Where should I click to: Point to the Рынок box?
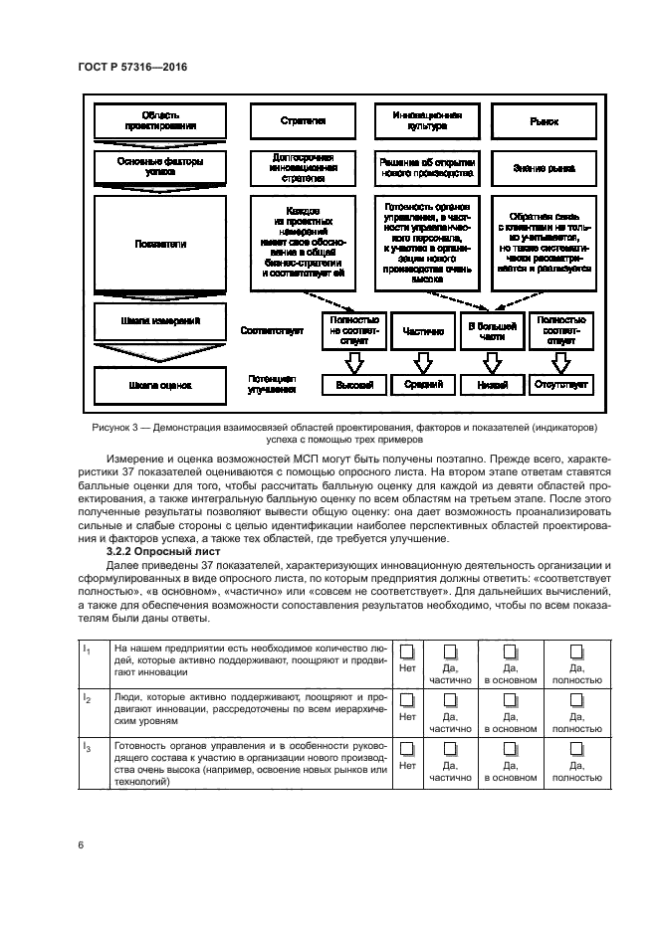[x=544, y=121]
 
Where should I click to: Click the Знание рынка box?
[x=544, y=169]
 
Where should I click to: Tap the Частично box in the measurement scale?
[x=423, y=331]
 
